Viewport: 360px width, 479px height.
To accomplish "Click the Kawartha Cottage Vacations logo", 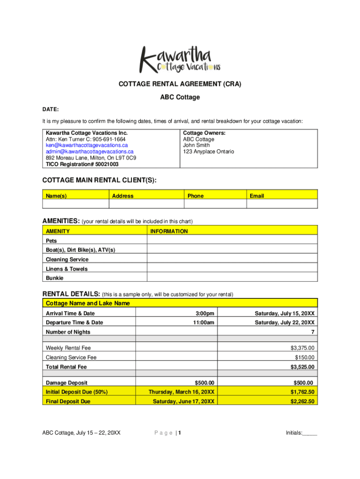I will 180,59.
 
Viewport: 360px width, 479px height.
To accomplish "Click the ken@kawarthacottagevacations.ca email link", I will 86,145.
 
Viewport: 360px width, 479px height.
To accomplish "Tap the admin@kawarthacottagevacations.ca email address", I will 89,152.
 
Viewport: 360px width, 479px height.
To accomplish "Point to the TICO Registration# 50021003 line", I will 82,164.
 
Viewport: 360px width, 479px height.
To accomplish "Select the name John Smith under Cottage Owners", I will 196,145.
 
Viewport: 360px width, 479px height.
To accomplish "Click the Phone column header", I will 195,196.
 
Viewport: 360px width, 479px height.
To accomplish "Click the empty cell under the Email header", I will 282,204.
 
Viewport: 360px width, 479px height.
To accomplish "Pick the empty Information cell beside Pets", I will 232,240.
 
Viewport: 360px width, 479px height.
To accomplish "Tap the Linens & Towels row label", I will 66,269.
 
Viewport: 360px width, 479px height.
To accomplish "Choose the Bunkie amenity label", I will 54,278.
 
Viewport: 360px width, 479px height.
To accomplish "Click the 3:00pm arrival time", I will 204,313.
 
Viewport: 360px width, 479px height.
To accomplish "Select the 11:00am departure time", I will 204,323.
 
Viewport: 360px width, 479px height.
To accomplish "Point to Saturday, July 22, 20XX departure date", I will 284,323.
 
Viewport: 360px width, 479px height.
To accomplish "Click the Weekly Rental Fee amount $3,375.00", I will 302,348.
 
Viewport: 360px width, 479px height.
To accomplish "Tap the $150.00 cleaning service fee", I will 305,357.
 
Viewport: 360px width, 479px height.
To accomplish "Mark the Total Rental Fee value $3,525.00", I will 302,367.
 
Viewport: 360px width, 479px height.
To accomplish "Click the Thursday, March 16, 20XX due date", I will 181,392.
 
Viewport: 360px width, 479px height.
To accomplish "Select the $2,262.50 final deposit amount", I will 302,401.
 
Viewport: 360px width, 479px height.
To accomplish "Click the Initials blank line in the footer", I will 309,433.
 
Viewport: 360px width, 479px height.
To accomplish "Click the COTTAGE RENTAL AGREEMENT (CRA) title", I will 180,84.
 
